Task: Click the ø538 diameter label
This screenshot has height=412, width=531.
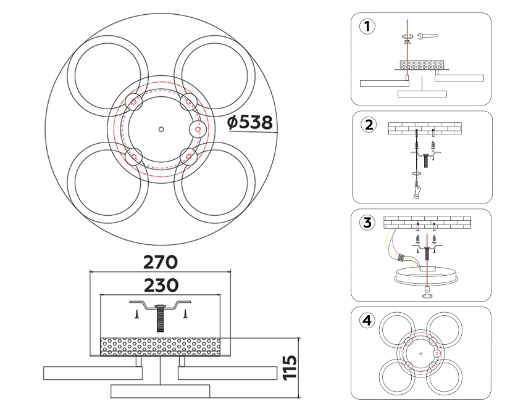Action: coord(250,122)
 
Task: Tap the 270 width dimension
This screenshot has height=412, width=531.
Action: coord(161,262)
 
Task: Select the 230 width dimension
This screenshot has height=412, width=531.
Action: coord(161,285)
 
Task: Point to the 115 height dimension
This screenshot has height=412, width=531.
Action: coord(290,367)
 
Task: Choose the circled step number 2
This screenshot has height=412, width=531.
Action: coord(368,125)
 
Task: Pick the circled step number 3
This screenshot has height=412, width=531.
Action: coord(367,223)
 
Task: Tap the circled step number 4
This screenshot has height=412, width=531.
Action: coord(367,321)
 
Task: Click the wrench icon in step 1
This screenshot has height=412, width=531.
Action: coord(427,36)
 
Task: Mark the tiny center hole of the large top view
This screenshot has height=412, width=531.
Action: coord(161,129)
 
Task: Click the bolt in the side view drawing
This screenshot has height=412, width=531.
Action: coord(161,318)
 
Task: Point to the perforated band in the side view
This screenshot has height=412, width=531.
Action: coord(161,347)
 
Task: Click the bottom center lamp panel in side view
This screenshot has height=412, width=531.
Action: coord(161,390)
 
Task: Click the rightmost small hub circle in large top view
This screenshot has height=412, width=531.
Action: coord(197,129)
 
